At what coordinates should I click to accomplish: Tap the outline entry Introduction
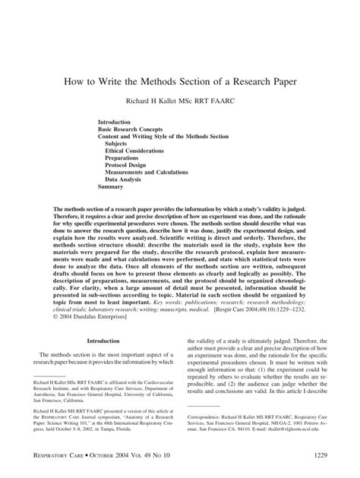coord(115,121)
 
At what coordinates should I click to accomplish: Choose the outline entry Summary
coord(110,186)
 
